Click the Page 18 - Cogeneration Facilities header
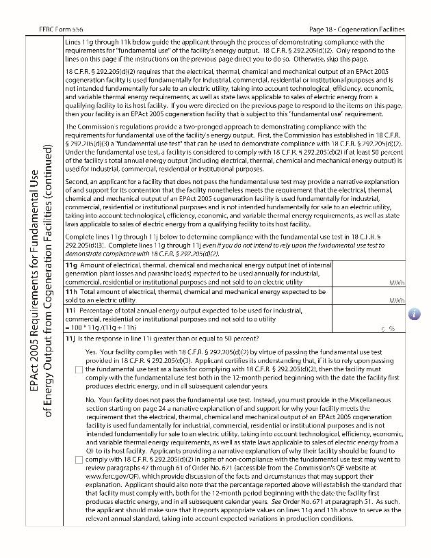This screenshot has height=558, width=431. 356,30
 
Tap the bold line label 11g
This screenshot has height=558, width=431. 70,265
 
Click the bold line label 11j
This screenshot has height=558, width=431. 69,338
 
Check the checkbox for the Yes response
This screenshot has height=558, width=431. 79,370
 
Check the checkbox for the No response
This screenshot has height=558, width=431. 79,460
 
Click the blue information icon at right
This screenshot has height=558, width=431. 415,314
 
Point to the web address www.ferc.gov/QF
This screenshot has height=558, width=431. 113,478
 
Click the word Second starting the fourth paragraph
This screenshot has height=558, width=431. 76,182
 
